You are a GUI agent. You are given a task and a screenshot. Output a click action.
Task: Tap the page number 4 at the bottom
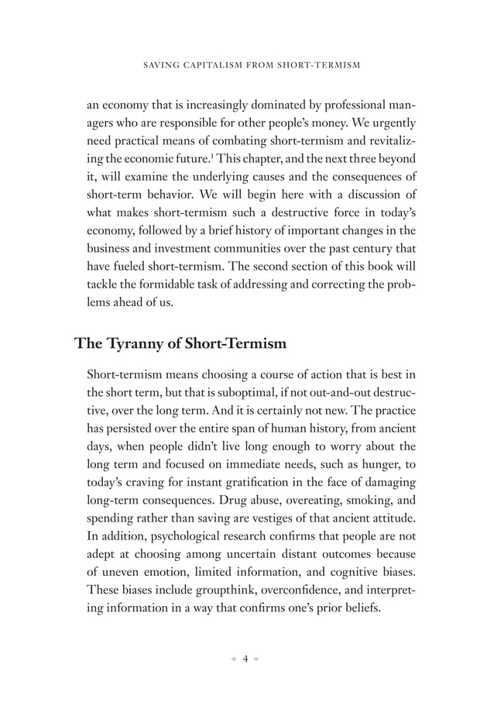point(245,660)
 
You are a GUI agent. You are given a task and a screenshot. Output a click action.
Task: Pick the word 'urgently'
point(395,124)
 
